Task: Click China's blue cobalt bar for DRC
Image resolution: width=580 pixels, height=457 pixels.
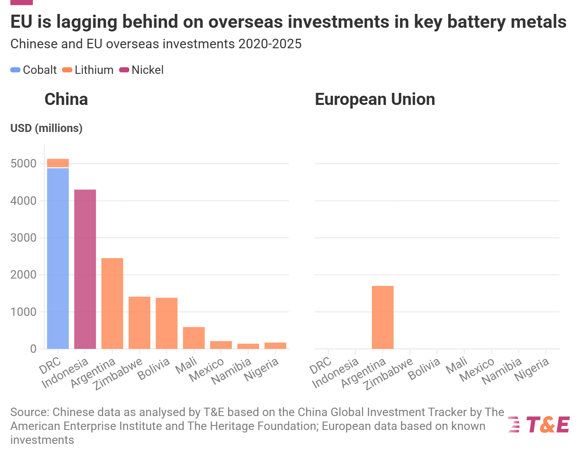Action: click(58, 258)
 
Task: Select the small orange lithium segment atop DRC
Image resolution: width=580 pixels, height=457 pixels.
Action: click(58, 163)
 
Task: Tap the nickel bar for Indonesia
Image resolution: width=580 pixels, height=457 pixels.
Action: click(85, 269)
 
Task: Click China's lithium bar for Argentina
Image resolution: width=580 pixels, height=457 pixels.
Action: click(112, 303)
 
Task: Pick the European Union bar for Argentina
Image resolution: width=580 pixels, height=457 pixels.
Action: click(383, 317)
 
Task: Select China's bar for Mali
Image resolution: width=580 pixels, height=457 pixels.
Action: click(194, 338)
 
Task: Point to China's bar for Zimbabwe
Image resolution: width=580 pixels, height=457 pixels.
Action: click(140, 323)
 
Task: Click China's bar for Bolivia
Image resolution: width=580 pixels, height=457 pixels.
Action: click(167, 323)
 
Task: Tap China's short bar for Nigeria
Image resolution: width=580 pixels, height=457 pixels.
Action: click(275, 345)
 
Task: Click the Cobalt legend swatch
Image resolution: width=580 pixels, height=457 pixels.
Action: click(15, 70)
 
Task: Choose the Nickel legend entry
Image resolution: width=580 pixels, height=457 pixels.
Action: click(141, 70)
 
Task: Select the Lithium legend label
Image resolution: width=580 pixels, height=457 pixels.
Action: click(94, 70)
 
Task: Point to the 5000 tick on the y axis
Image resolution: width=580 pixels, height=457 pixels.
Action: click(23, 163)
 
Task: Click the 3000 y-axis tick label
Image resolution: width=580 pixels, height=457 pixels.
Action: click(23, 238)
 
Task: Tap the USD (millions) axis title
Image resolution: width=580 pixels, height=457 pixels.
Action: click(46, 128)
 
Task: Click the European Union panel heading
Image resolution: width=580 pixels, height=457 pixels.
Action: click(375, 99)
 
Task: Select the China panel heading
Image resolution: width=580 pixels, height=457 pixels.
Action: click(66, 99)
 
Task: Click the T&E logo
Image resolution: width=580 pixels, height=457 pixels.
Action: click(538, 424)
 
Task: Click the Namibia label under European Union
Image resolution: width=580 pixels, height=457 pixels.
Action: click(502, 371)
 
